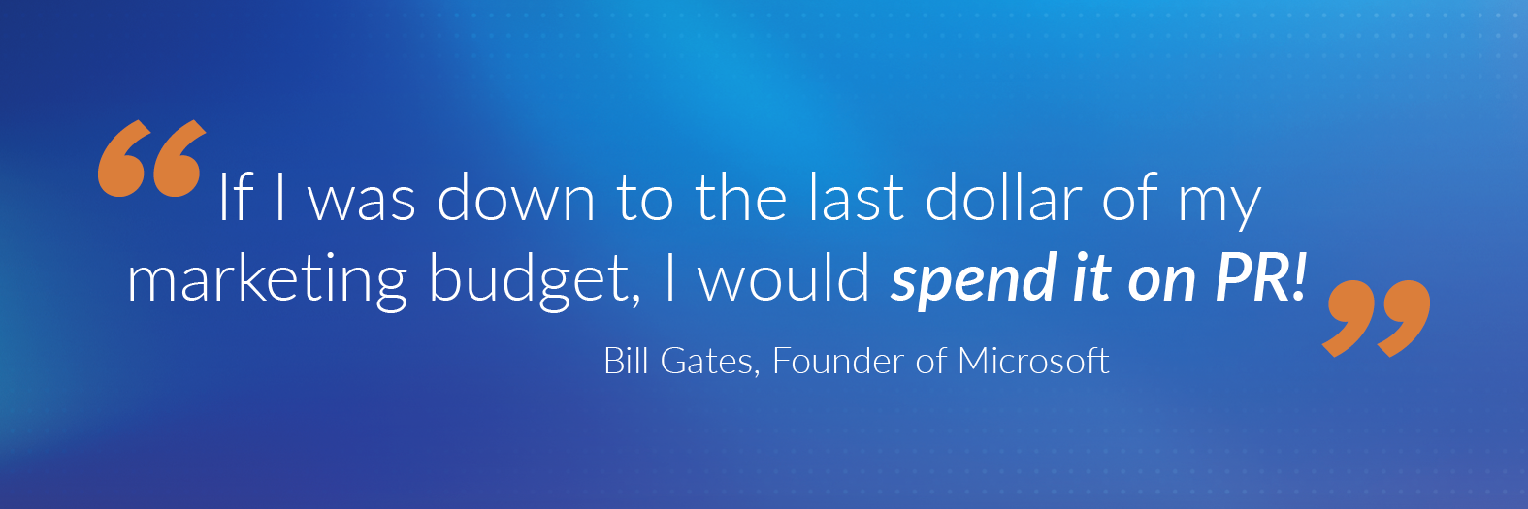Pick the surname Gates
[x=709, y=362]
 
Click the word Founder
[x=838, y=361]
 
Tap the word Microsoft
[x=1033, y=361]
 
